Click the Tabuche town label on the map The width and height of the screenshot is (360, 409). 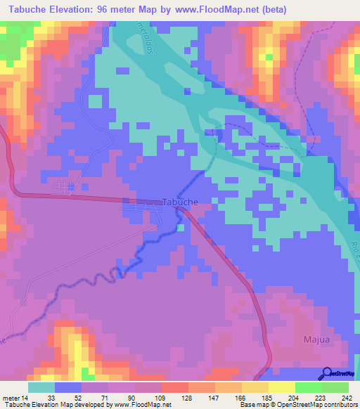[180, 202]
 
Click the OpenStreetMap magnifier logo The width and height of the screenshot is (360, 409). [327, 373]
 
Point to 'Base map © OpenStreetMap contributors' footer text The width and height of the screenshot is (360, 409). [298, 405]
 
